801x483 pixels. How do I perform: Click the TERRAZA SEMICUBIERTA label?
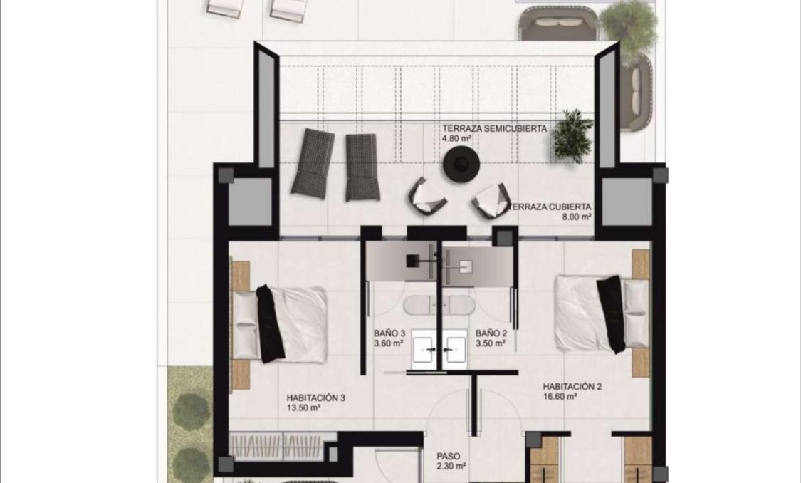494,129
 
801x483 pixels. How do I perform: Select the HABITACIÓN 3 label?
316,398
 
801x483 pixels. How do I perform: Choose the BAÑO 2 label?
491,333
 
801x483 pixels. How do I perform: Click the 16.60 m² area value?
559,398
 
